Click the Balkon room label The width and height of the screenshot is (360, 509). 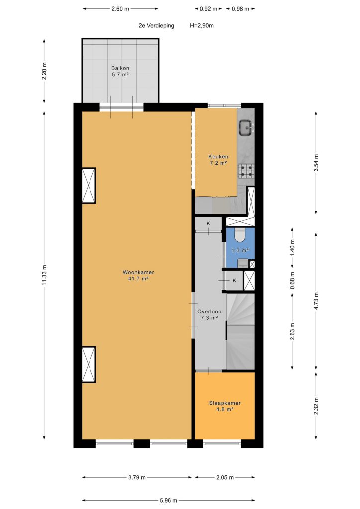pos(120,68)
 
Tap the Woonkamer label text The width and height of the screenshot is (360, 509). pos(138,272)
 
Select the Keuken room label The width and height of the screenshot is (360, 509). pos(218,157)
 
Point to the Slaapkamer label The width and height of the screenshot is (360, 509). pos(225,403)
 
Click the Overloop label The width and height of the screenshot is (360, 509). pos(209,311)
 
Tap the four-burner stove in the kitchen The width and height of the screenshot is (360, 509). pos(247,171)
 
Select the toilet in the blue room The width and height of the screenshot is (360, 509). pos(240,235)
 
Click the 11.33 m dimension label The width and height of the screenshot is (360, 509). pos(44,275)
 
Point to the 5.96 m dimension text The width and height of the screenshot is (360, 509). pos(168,500)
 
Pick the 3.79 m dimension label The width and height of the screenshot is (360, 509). pos(137,477)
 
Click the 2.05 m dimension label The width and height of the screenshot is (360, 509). pos(225,477)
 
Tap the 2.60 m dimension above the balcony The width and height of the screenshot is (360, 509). pos(120,9)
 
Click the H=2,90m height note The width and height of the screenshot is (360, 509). pos(202,26)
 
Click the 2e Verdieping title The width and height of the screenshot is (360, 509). pos(156,26)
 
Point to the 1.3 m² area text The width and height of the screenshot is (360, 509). pos(240,251)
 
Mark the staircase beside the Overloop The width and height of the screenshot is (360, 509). pos(240,331)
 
